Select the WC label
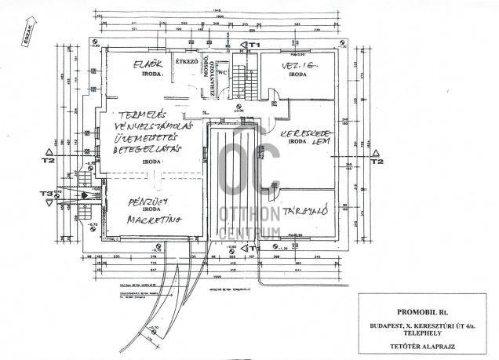click(222, 72)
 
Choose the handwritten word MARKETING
click(151, 220)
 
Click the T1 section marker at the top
click(253, 46)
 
